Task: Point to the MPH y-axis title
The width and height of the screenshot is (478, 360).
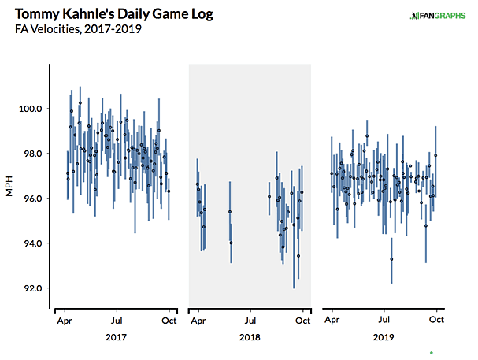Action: pyautogui.click(x=11, y=187)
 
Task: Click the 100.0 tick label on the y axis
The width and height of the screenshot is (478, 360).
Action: pyautogui.click(x=31, y=109)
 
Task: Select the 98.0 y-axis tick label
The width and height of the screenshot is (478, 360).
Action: pyautogui.click(x=32, y=154)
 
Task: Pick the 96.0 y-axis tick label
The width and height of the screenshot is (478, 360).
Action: pyautogui.click(x=32, y=199)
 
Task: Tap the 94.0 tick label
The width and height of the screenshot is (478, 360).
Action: pyautogui.click(x=32, y=243)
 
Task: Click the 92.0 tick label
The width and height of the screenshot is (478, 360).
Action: pyautogui.click(x=32, y=288)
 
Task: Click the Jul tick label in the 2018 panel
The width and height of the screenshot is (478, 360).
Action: pyautogui.click(x=250, y=321)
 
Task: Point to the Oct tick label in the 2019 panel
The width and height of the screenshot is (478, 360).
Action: pyautogui.click(x=437, y=321)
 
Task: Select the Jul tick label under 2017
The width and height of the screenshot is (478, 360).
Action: pyautogui.click(x=117, y=321)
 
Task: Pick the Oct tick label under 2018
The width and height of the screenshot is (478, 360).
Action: pyautogui.click(x=303, y=321)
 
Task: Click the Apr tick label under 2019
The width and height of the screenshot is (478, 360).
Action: pyautogui.click(x=332, y=321)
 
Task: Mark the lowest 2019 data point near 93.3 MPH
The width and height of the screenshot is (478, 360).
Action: pyautogui.click(x=391, y=258)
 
